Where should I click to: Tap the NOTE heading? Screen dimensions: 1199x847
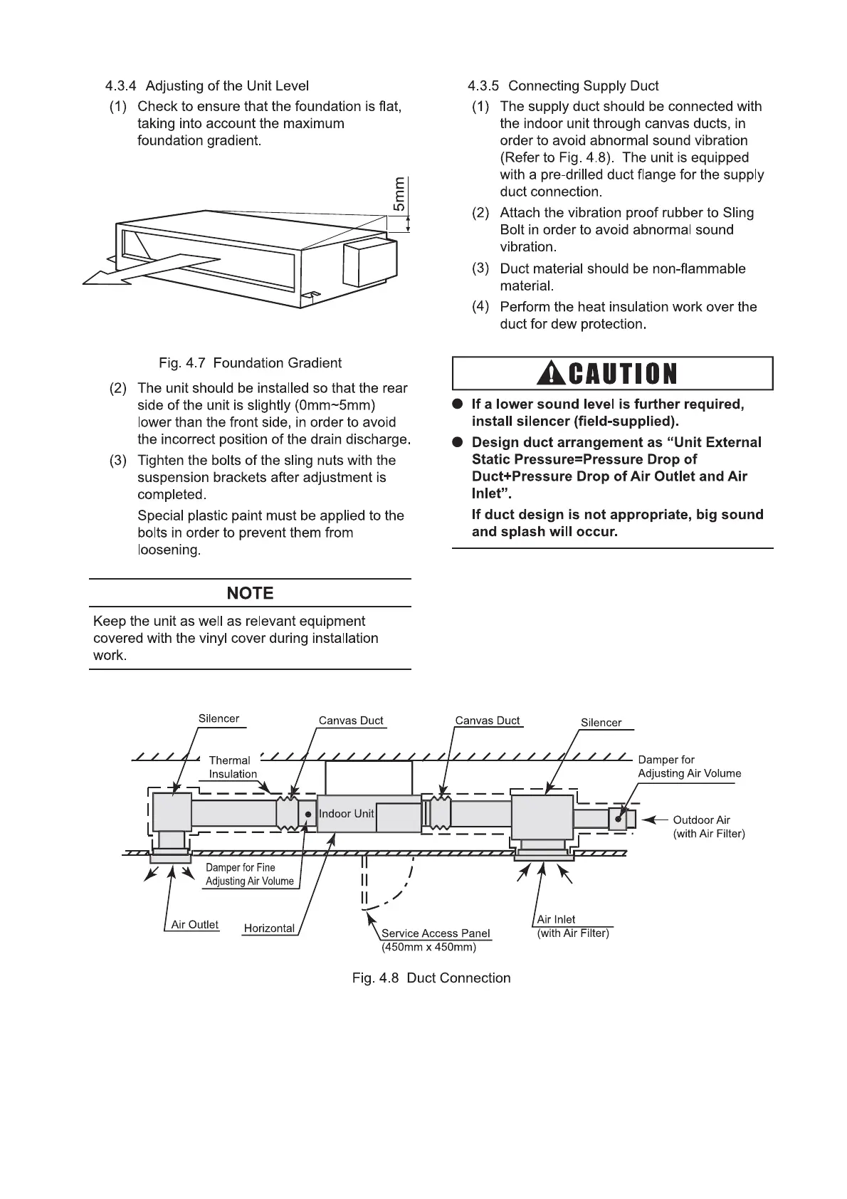click(250, 593)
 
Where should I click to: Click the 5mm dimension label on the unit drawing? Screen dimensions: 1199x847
click(399, 194)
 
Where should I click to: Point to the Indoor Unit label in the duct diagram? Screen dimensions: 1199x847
click(346, 814)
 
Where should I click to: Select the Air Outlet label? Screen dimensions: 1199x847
click(194, 925)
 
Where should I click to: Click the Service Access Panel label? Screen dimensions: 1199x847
click(436, 933)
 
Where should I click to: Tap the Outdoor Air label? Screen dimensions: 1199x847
click(701, 820)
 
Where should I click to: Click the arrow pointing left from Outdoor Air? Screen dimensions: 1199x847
click(656, 820)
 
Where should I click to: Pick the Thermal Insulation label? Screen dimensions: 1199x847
click(232, 767)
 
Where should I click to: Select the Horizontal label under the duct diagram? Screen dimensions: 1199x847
click(269, 928)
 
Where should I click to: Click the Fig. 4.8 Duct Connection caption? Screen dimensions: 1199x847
click(431, 978)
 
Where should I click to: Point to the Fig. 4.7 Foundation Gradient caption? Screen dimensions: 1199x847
click(250, 363)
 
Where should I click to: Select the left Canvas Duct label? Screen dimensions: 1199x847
click(351, 721)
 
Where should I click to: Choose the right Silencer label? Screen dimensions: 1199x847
click(601, 723)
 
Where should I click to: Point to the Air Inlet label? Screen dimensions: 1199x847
click(556, 920)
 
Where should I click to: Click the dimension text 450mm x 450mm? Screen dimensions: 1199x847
click(428, 948)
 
